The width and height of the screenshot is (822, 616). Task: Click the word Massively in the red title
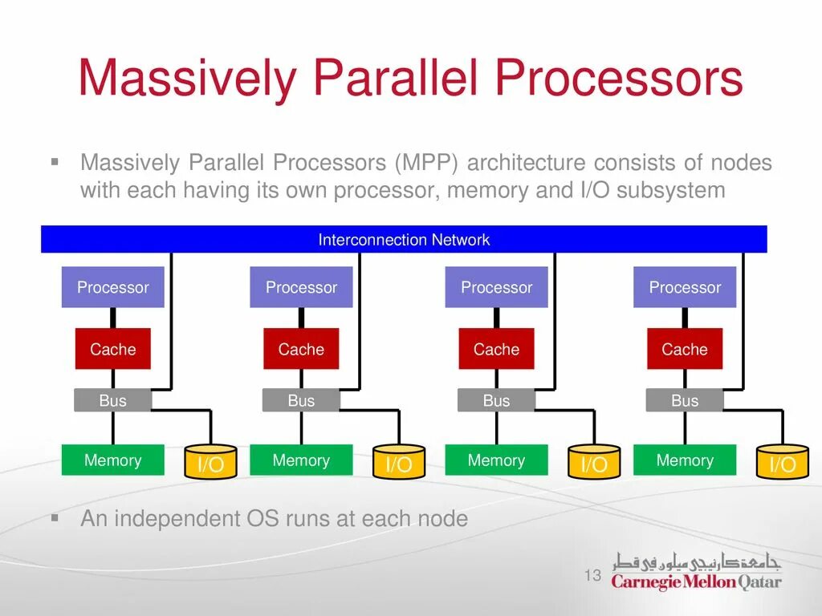[x=188, y=78]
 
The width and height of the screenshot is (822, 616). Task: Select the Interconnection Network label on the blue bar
[x=404, y=240]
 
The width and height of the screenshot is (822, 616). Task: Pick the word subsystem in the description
[x=670, y=190]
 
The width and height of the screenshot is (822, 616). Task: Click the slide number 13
[x=593, y=575]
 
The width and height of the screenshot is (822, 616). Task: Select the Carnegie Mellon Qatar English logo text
[x=696, y=582]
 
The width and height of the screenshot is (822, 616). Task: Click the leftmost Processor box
[x=112, y=287]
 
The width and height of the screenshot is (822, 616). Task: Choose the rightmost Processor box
[x=685, y=287]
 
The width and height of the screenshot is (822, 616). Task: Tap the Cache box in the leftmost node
[x=112, y=349]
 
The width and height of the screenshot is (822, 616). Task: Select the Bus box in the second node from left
[x=301, y=400]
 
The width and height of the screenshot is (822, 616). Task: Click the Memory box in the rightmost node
[x=685, y=460]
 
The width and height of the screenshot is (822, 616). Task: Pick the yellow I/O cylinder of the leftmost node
[x=211, y=461]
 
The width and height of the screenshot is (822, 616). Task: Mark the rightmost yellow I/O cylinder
[x=783, y=461]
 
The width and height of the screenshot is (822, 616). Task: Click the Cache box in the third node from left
[x=496, y=349]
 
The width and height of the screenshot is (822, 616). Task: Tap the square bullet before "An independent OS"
[x=55, y=519]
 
